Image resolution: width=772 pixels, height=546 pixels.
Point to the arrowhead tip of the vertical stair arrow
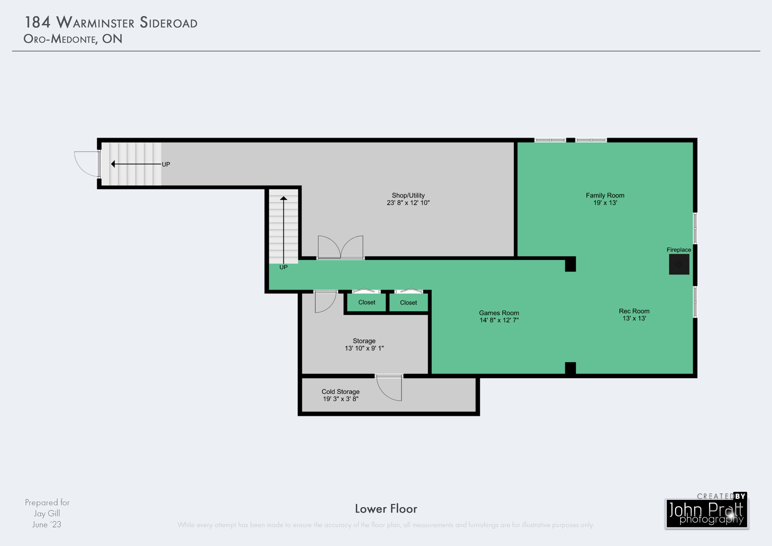[x=284, y=196]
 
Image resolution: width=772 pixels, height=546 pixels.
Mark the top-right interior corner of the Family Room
[x=693, y=142]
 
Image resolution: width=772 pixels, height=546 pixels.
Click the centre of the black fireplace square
[x=679, y=264]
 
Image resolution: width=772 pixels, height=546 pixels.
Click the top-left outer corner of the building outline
[x=97, y=138]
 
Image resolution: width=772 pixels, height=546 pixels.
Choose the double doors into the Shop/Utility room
[x=341, y=247]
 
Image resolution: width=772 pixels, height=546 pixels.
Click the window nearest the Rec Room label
[x=695, y=302]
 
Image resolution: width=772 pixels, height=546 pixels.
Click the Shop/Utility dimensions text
[x=408, y=203]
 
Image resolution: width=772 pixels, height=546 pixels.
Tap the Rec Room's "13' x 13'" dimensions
[x=634, y=318]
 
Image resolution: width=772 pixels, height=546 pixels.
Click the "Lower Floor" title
[x=386, y=509]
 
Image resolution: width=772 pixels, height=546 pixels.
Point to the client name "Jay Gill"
[x=47, y=513]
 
